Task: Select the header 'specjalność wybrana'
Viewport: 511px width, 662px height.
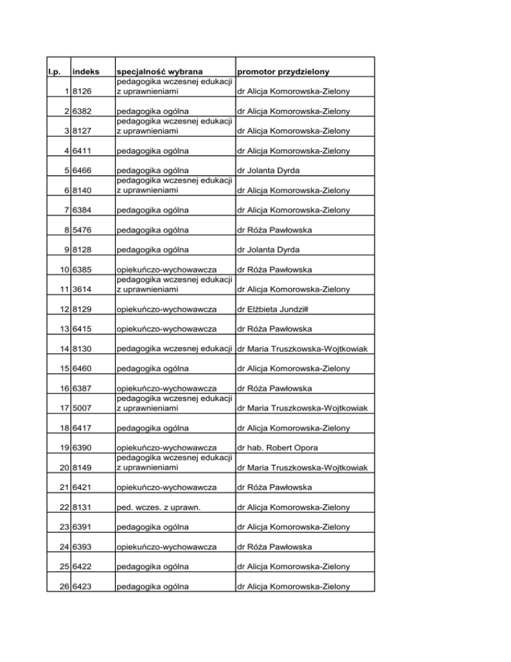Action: (x=160, y=71)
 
